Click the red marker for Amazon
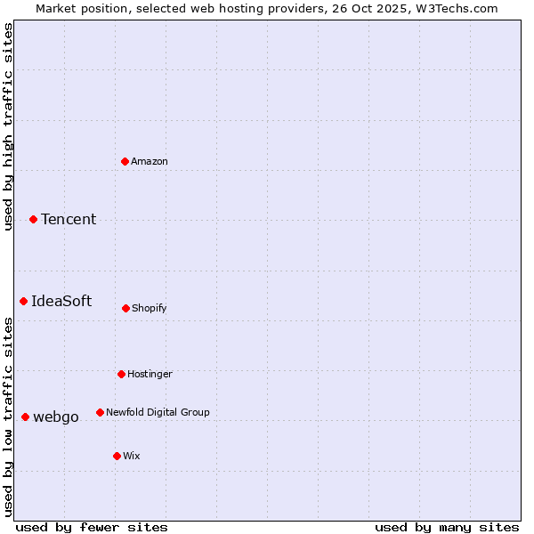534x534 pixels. coord(125,161)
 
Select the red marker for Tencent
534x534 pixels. coord(33,219)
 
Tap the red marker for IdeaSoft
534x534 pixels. coord(23,301)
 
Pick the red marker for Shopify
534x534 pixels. coord(125,308)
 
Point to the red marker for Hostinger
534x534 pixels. coord(121,374)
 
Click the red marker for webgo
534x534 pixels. coord(25,417)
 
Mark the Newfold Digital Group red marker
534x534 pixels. coord(100,412)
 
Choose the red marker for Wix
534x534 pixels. coord(117,456)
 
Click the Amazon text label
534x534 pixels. coord(150,161)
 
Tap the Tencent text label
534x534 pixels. coord(69,219)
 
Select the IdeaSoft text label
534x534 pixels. coord(61,301)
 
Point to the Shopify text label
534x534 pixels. coord(150,308)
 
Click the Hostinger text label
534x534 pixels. coord(150,374)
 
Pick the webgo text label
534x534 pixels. coord(56,417)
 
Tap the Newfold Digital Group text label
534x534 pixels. coord(158,412)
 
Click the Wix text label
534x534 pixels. coord(132,456)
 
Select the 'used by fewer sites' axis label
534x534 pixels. coord(92,527)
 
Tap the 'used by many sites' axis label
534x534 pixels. coord(447,527)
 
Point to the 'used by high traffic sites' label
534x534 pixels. coord(8,126)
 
